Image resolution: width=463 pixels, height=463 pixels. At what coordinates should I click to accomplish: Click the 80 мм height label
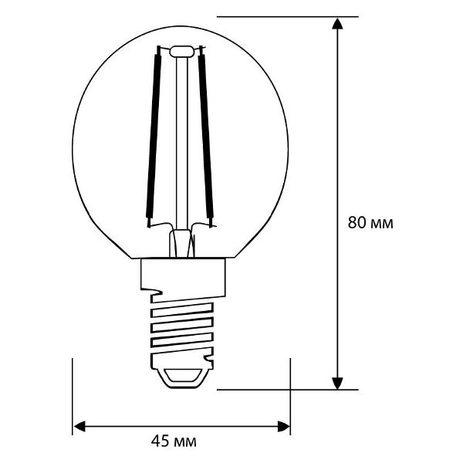pyautogui.click(x=370, y=224)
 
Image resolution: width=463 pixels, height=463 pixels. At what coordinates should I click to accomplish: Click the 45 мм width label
pyautogui.click(x=173, y=442)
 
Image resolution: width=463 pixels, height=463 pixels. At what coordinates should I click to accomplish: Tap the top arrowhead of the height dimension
pyautogui.click(x=337, y=23)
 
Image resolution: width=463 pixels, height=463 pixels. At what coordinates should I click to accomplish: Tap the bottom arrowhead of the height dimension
pyautogui.click(x=337, y=382)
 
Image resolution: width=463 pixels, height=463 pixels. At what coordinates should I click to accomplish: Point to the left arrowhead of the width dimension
pyautogui.click(x=79, y=425)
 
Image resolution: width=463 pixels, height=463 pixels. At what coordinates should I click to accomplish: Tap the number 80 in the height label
pyautogui.click(x=357, y=224)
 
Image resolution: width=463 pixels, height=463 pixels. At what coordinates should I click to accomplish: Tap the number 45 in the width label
pyautogui.click(x=160, y=442)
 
